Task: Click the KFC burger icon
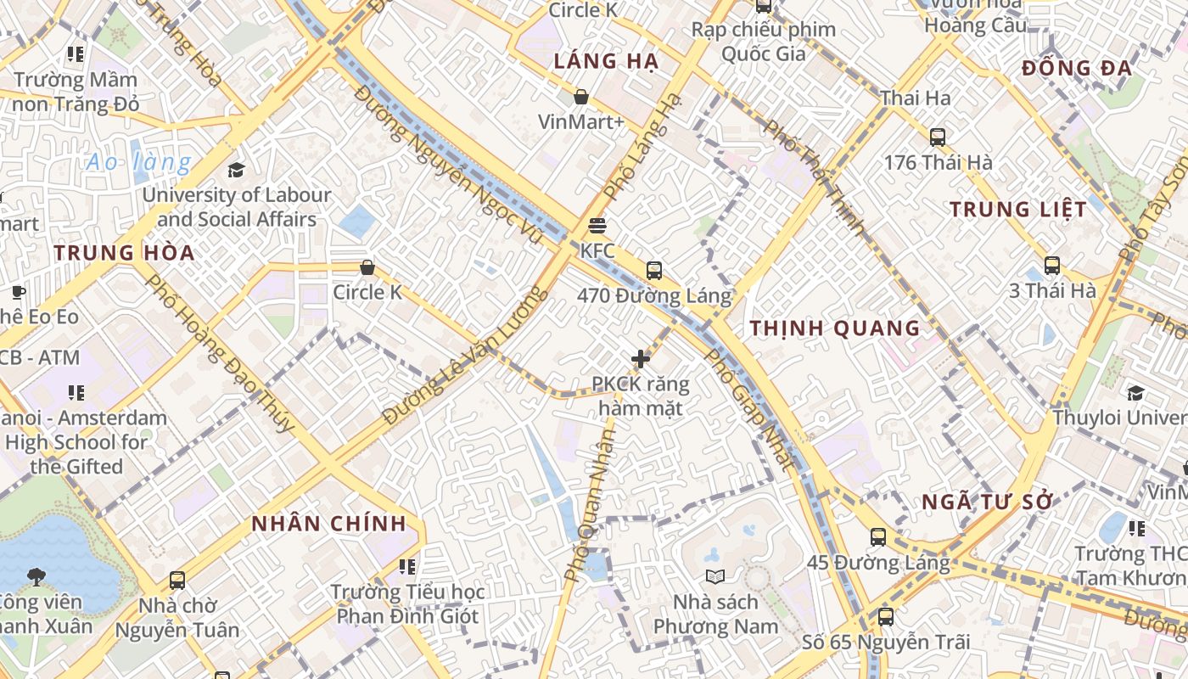click(x=597, y=226)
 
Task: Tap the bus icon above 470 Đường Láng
click(x=653, y=271)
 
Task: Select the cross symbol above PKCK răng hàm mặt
click(x=641, y=359)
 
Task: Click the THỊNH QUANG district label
click(x=835, y=328)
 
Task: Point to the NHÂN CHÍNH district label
click(x=328, y=524)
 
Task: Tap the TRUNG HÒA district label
click(x=124, y=252)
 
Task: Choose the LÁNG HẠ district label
click(x=605, y=61)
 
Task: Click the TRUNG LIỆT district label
click(x=1017, y=209)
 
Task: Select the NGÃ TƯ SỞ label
click(x=987, y=502)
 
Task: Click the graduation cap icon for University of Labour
click(x=236, y=170)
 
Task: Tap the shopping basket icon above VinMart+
click(x=581, y=97)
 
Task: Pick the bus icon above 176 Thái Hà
click(x=937, y=137)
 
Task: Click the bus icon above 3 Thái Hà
click(x=1051, y=266)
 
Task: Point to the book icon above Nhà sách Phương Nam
click(x=715, y=577)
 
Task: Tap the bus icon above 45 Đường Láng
click(x=877, y=537)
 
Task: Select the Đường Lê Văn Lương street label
click(x=462, y=356)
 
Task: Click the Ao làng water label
click(x=139, y=162)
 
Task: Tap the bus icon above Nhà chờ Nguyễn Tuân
click(x=177, y=581)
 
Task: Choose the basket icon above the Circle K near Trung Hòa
click(x=367, y=267)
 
